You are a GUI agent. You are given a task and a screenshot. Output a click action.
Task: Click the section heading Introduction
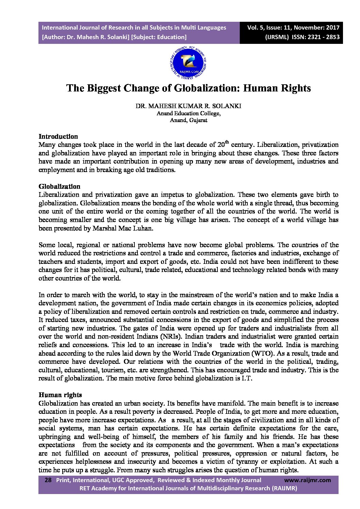coord(58,137)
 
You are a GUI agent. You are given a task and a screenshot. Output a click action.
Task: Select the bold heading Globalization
coord(60,186)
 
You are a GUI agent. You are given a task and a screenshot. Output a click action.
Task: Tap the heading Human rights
coord(60,395)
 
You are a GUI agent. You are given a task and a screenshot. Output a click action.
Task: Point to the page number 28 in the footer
coord(48,480)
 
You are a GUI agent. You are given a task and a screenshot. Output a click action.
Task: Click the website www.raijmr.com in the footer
coord(307,480)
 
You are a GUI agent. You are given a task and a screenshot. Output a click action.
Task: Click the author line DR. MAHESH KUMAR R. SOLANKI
coord(188,106)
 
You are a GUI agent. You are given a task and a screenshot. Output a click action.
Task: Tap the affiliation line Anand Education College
coord(188,113)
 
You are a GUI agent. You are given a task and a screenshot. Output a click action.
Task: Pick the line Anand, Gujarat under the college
coord(189,120)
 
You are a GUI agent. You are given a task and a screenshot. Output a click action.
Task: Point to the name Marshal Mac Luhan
coord(123,228)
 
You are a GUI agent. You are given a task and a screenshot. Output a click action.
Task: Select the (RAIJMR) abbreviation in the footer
coord(284,488)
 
